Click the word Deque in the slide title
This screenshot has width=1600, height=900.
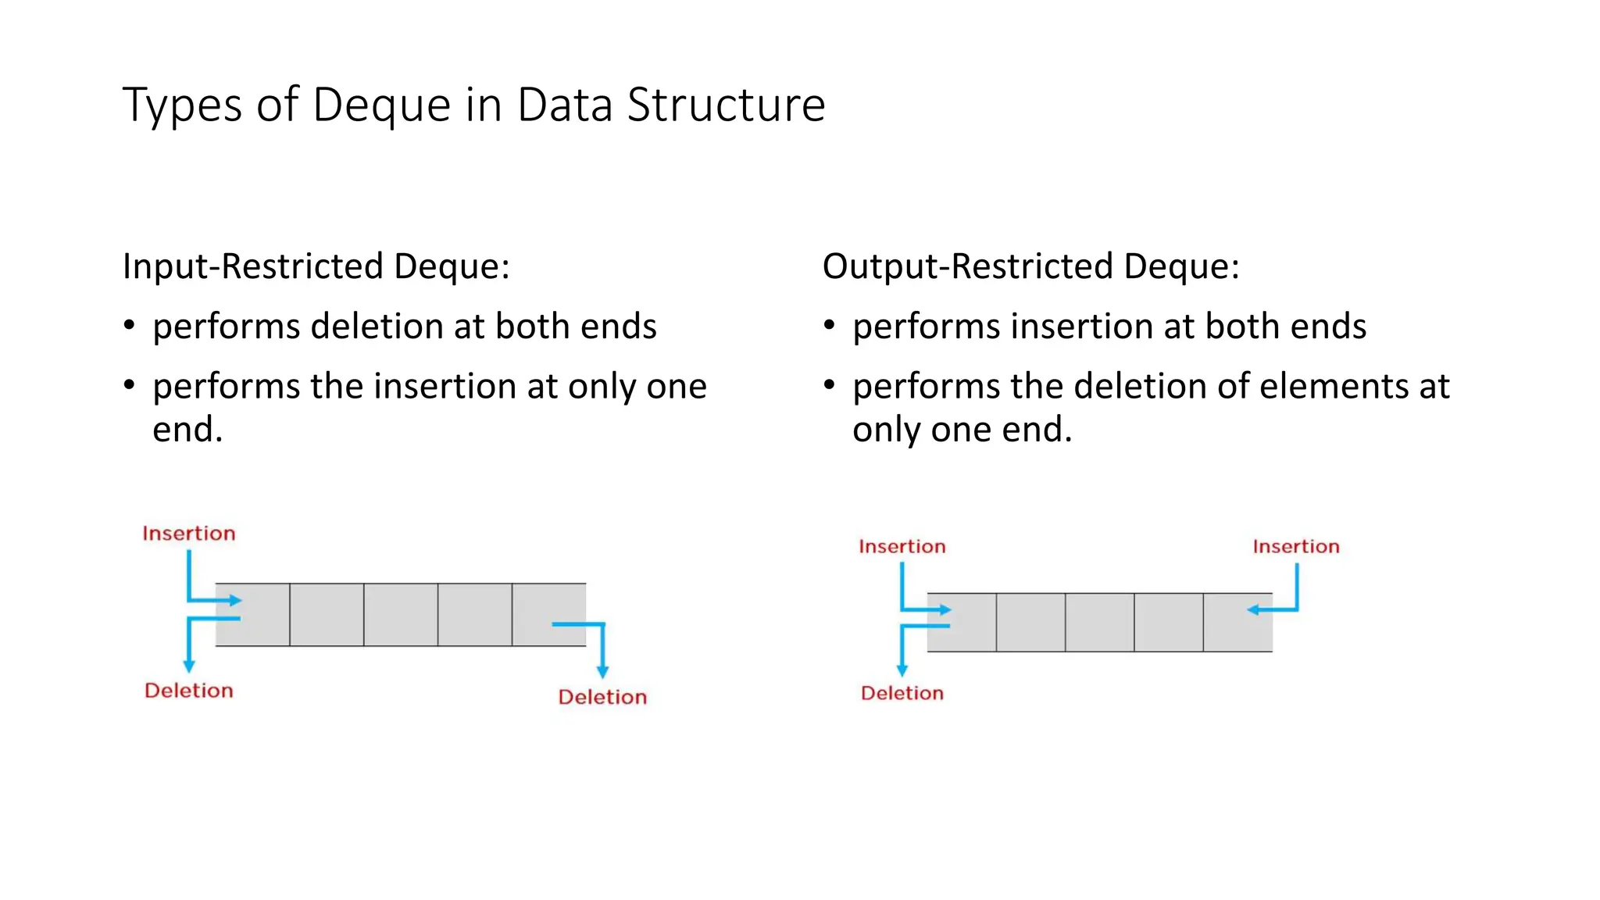[x=381, y=105]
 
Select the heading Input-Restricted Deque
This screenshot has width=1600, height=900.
[x=316, y=266]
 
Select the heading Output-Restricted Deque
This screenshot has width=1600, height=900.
[x=1030, y=266]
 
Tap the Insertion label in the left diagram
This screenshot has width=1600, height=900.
[x=188, y=534]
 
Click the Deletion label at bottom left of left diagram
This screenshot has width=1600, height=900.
[x=188, y=691]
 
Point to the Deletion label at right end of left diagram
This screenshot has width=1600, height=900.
[x=602, y=697]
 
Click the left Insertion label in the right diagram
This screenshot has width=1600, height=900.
[x=902, y=547]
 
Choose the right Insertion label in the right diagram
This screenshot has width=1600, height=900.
[x=1295, y=547]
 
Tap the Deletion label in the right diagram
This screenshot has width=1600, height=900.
[x=902, y=693]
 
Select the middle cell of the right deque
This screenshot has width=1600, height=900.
[x=1099, y=623]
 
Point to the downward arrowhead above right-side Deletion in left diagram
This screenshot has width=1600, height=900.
[x=602, y=672]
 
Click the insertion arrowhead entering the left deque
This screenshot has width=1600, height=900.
[x=235, y=601]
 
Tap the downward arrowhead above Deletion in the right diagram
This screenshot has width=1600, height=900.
[x=902, y=670]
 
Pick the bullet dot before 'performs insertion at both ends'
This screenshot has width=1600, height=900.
[x=830, y=325]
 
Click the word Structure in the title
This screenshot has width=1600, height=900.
[x=726, y=105]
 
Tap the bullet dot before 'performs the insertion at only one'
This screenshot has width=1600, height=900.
[x=130, y=385]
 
